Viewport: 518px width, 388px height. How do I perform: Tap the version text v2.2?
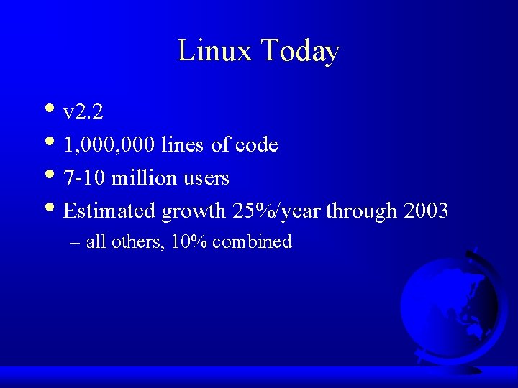[x=83, y=112]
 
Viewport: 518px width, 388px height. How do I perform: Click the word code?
[x=258, y=145]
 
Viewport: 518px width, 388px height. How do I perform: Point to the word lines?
[x=183, y=145]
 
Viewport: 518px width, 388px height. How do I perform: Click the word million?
[x=144, y=177]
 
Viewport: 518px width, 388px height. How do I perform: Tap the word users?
[x=206, y=178]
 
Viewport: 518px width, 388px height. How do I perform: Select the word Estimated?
[x=110, y=211]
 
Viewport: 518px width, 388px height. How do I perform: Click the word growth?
[x=194, y=212]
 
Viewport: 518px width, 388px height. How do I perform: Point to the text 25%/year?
[x=276, y=211]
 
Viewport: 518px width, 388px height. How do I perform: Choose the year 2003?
[x=427, y=211]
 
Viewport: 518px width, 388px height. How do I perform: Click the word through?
[x=361, y=212]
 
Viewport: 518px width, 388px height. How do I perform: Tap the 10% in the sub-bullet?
[x=190, y=242]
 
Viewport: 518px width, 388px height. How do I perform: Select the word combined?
[x=252, y=242]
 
